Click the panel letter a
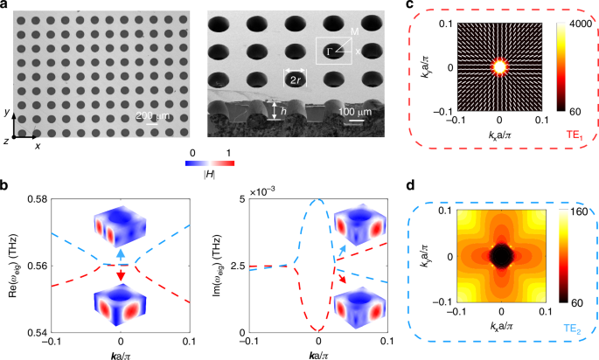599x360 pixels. coord(7,5)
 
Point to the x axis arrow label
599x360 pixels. coord(38,146)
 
